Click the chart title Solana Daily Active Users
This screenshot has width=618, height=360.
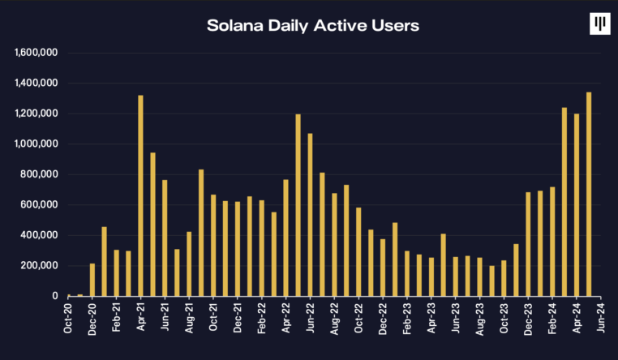click(312, 25)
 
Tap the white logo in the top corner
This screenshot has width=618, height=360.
click(599, 24)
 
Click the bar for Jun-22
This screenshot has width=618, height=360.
click(310, 215)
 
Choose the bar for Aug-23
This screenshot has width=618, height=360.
click(479, 276)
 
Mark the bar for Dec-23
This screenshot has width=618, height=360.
click(528, 244)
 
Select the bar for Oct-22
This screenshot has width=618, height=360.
click(358, 251)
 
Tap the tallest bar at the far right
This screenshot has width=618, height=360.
click(588, 194)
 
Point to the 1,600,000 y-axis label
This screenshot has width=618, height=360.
click(36, 53)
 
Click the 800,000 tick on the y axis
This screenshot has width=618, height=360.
click(40, 174)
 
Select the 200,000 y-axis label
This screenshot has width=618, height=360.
click(40, 266)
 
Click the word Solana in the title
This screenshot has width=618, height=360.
click(235, 25)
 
